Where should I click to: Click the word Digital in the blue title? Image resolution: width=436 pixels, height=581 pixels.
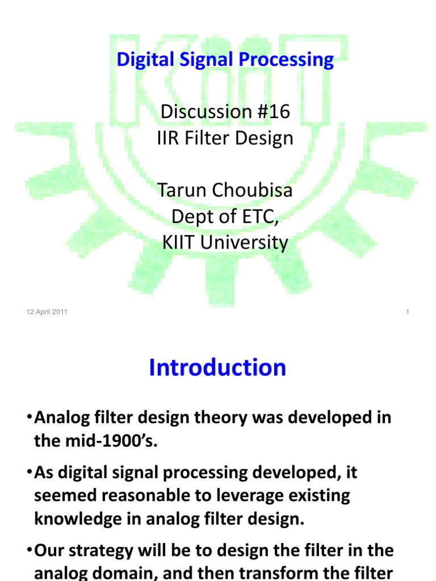pos(140,60)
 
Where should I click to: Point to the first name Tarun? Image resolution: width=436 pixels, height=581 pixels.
pos(180,190)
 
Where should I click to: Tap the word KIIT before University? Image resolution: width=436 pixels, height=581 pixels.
pos(179,242)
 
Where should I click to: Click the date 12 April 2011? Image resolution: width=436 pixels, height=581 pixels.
pos(47,311)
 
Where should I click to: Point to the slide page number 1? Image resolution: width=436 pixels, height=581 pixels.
pos(408,311)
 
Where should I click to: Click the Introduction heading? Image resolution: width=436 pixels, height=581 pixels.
pos(217,368)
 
